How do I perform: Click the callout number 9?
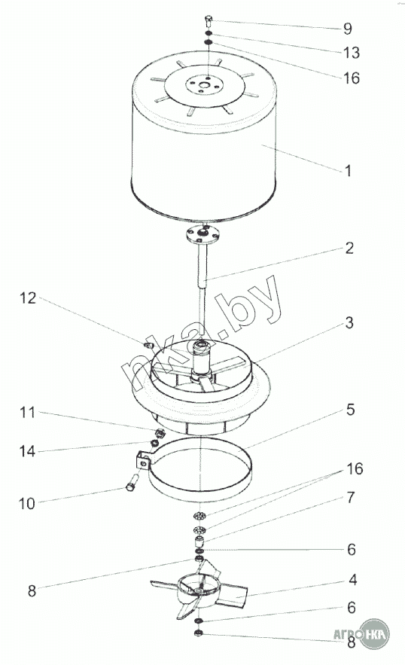347,29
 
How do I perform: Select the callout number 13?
351,53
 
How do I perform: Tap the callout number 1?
349,171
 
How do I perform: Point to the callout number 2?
349,248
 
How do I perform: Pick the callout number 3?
349,323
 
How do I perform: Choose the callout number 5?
350,410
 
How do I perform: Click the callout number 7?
350,498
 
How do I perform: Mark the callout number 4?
352,580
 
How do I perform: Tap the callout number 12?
28,298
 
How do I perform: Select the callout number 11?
28,412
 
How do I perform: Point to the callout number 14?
27,451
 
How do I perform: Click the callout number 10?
26,503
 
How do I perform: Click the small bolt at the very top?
208,20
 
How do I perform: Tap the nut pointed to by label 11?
160,434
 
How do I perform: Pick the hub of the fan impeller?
199,590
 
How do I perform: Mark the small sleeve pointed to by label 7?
199,541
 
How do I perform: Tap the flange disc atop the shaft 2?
202,233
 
